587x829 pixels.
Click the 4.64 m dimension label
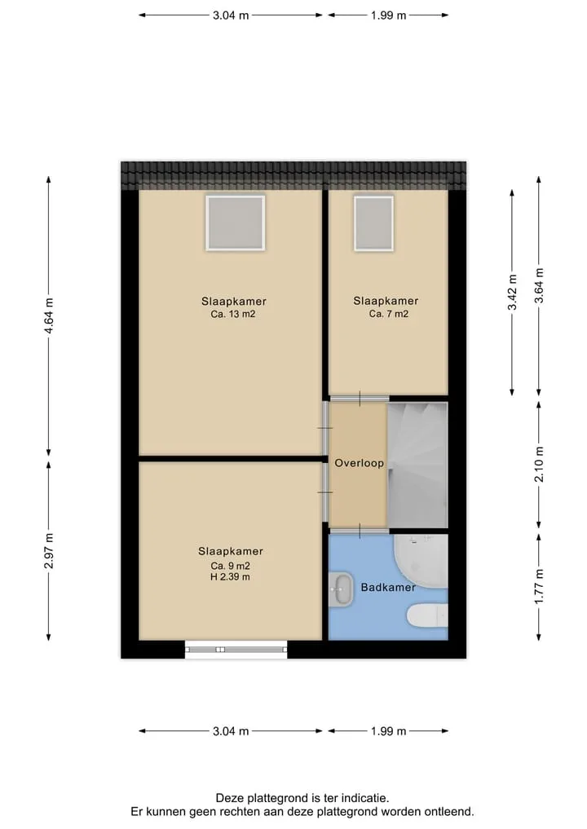click(49, 315)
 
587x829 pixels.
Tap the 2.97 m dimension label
click(49, 551)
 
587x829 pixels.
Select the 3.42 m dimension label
click(512, 293)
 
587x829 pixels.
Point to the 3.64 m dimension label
click(539, 285)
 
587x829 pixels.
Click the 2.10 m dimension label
click(539, 464)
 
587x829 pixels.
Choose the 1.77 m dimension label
click(539, 587)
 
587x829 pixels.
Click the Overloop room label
click(359, 463)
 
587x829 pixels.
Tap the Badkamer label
click(388, 587)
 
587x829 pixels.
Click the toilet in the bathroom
click(427, 615)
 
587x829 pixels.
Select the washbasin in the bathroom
click(341, 589)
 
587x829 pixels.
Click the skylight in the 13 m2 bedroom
click(236, 223)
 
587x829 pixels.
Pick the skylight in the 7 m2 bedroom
click(374, 223)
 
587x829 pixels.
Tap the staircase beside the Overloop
click(417, 465)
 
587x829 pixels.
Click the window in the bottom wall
click(236, 649)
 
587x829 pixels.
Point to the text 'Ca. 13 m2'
click(233, 314)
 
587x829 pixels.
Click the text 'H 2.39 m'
click(230, 577)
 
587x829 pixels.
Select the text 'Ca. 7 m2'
click(389, 314)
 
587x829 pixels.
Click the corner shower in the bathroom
click(421, 561)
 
